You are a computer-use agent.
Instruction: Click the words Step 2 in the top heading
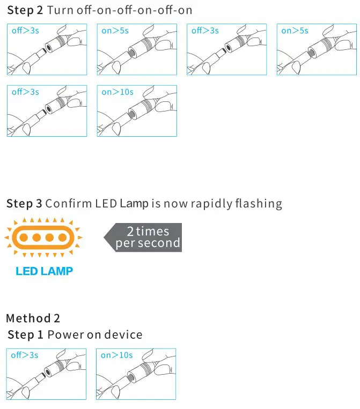pos(25,10)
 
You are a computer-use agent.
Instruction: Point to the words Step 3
pos(24,204)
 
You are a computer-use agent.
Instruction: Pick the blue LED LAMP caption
pos(44,271)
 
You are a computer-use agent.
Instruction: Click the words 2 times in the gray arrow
pos(148,232)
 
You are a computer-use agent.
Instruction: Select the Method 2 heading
pos(33,318)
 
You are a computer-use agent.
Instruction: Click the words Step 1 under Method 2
pos(25,335)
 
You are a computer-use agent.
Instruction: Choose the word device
pos(123,335)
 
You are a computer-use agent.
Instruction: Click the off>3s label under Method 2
pos(24,355)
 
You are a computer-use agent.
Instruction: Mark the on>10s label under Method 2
pos(116,355)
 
